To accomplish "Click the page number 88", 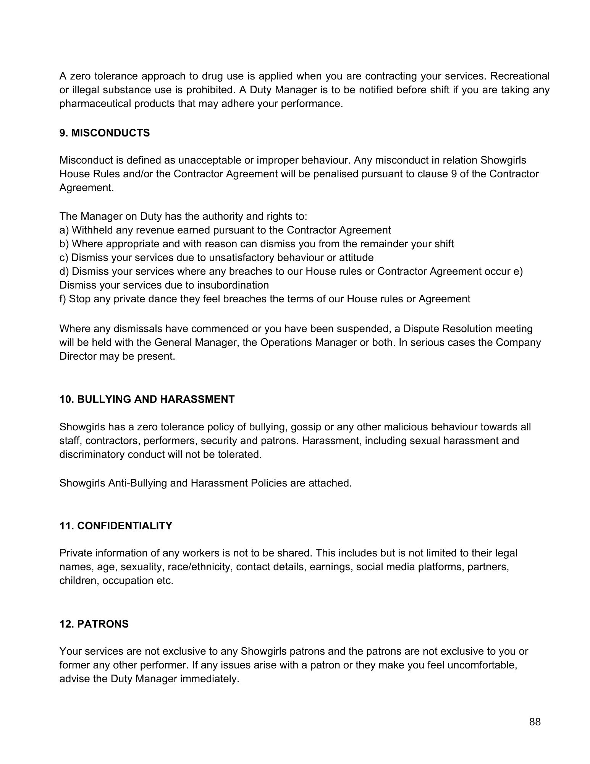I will [535, 722].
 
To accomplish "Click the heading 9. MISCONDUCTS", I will [105, 133].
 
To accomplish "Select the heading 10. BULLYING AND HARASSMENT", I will [147, 399].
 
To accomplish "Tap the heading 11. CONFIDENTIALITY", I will [116, 526].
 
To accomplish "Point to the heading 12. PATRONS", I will [94, 624].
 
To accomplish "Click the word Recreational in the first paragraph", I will [520, 76].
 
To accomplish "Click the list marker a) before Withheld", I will [64, 230].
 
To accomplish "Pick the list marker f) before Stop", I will [63, 299].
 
